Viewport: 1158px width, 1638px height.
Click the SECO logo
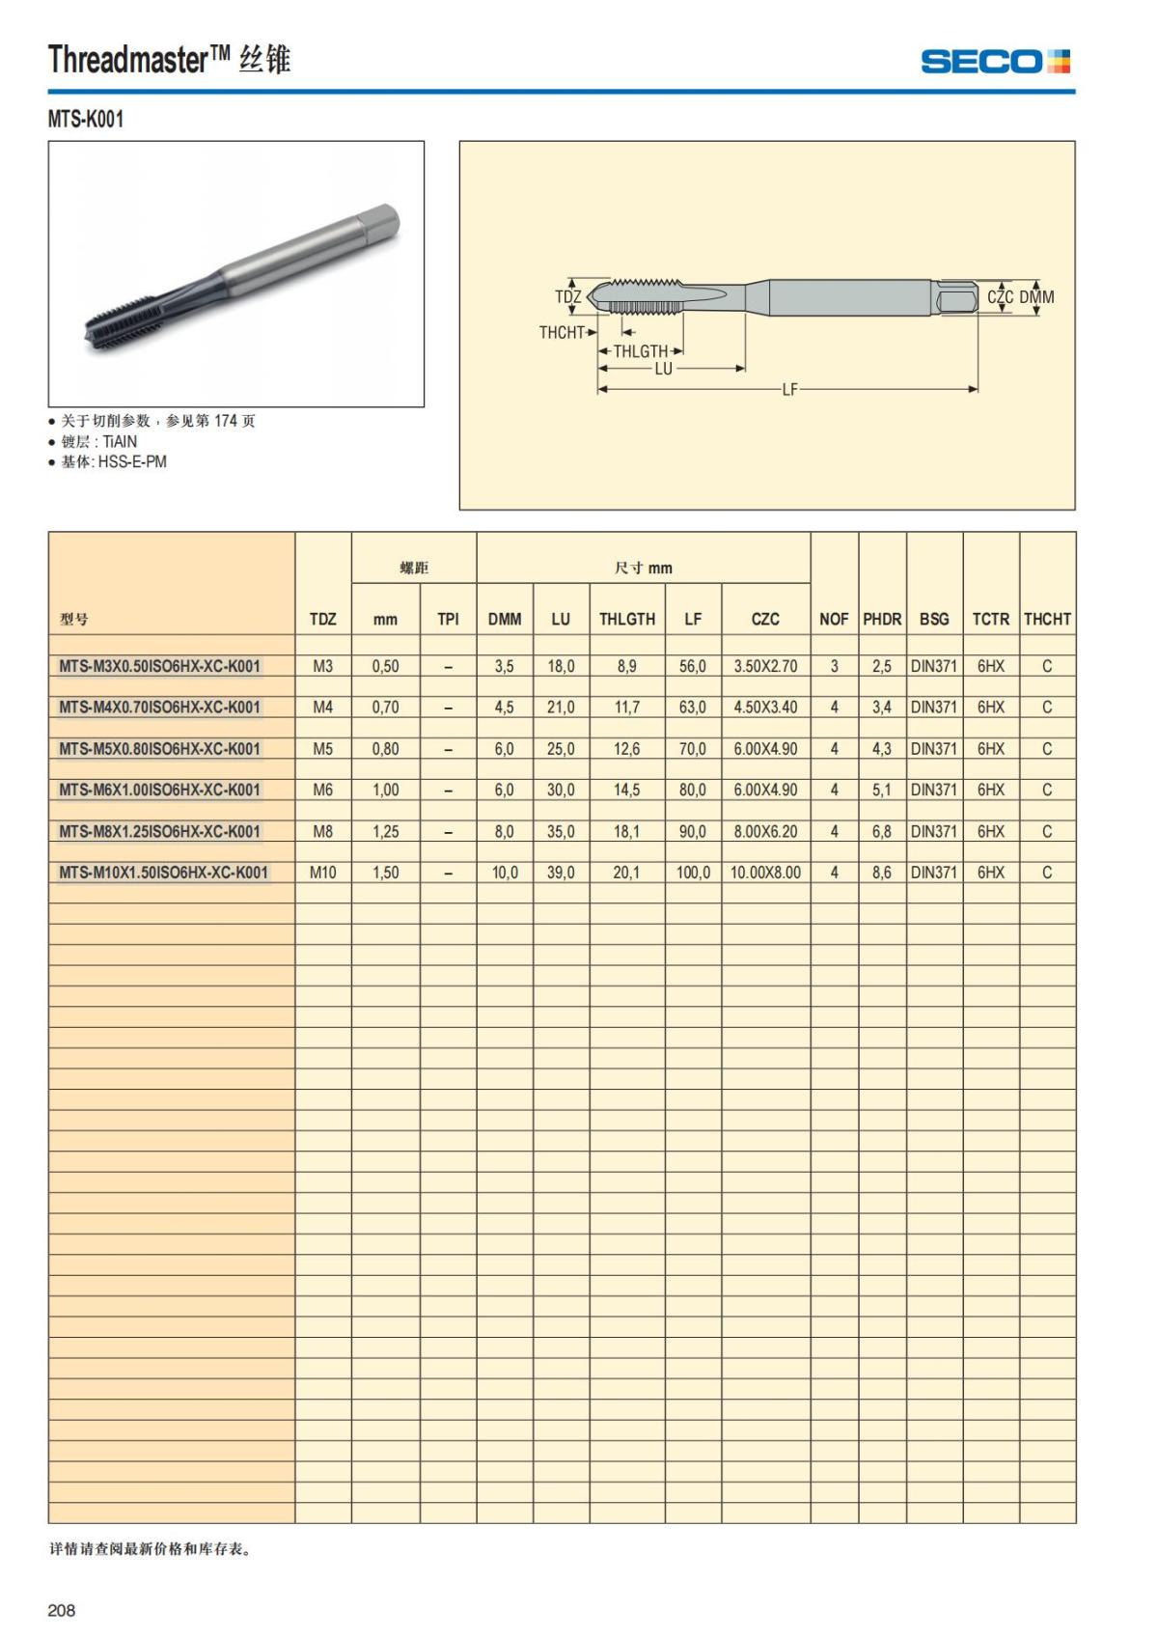[x=995, y=62]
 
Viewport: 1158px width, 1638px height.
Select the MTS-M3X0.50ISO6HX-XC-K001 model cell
[x=160, y=666]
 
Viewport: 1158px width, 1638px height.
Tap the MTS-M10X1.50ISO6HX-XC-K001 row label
[x=164, y=873]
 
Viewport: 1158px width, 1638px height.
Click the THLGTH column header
[x=626, y=619]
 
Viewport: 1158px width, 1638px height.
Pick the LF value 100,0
[x=693, y=873]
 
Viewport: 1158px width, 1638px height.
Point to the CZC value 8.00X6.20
[x=765, y=831]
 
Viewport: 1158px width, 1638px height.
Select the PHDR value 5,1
[x=882, y=790]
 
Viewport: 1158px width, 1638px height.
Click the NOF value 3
[x=834, y=666]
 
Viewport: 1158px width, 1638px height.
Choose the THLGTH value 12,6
[x=626, y=749]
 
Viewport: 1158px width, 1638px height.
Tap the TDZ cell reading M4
[x=322, y=708]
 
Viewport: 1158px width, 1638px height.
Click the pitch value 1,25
[x=385, y=831]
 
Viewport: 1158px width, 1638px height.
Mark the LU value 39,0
[x=561, y=873]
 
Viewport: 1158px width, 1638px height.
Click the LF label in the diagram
[x=789, y=390]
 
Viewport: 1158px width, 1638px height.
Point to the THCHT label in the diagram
[x=562, y=333]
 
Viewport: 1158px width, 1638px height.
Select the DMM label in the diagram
[x=1037, y=297]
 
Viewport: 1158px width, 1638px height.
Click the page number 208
[x=62, y=1610]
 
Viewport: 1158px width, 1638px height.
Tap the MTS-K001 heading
[x=86, y=120]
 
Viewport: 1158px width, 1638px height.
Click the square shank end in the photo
[x=380, y=226]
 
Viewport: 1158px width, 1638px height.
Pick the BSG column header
[x=933, y=619]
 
